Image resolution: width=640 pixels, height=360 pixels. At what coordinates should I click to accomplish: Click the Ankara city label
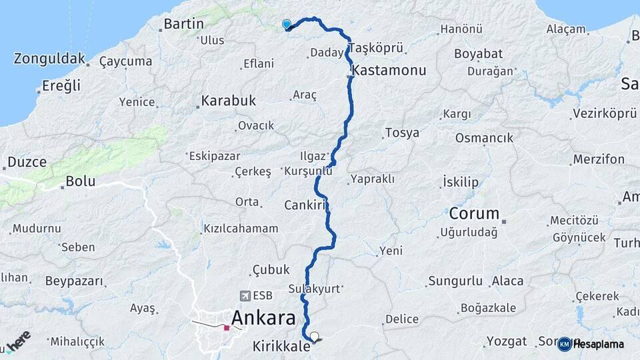point(263,318)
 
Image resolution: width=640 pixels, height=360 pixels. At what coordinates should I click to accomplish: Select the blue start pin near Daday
point(287,25)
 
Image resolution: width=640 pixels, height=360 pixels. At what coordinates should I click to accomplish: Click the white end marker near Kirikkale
point(315,337)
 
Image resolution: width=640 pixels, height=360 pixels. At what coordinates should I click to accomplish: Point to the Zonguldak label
point(49,59)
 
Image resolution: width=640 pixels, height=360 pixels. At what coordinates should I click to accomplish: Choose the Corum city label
point(474,214)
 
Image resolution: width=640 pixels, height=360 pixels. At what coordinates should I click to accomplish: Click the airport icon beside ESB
point(245,295)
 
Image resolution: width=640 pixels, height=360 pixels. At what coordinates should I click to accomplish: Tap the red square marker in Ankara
point(227,327)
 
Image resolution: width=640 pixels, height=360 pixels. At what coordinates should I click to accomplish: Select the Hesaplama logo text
point(598,344)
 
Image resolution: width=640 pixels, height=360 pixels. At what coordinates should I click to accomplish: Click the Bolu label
point(81,181)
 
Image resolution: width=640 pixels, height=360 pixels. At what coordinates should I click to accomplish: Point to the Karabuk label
point(228,101)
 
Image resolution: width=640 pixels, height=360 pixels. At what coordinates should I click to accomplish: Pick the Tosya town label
point(402,133)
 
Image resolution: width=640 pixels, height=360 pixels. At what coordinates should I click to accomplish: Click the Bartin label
point(183,24)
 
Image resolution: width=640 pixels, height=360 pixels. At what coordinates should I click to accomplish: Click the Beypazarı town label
point(75,281)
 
